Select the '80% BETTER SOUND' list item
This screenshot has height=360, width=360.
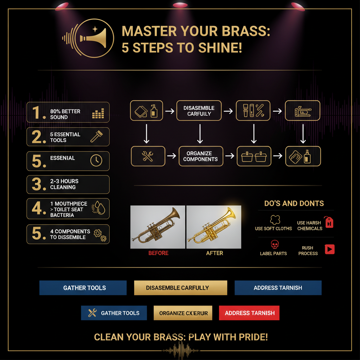(68, 112)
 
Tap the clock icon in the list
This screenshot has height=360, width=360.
(96, 160)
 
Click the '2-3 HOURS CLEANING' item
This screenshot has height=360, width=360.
(68, 184)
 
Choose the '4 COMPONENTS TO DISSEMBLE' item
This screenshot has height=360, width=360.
(68, 234)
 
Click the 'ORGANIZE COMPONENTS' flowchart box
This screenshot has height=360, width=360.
(200, 156)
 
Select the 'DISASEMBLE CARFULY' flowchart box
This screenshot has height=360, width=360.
(199, 111)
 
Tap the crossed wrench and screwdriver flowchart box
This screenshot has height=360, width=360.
(148, 156)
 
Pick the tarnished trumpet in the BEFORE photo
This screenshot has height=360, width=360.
(157, 227)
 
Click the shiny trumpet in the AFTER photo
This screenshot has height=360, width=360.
(214, 227)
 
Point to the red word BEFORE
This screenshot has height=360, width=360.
(158, 253)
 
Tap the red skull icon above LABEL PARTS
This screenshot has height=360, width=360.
(274, 244)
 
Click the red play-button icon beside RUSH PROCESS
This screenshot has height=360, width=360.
(330, 249)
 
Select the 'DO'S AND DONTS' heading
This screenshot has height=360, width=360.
(294, 204)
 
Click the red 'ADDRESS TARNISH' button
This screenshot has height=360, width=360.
(249, 313)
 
